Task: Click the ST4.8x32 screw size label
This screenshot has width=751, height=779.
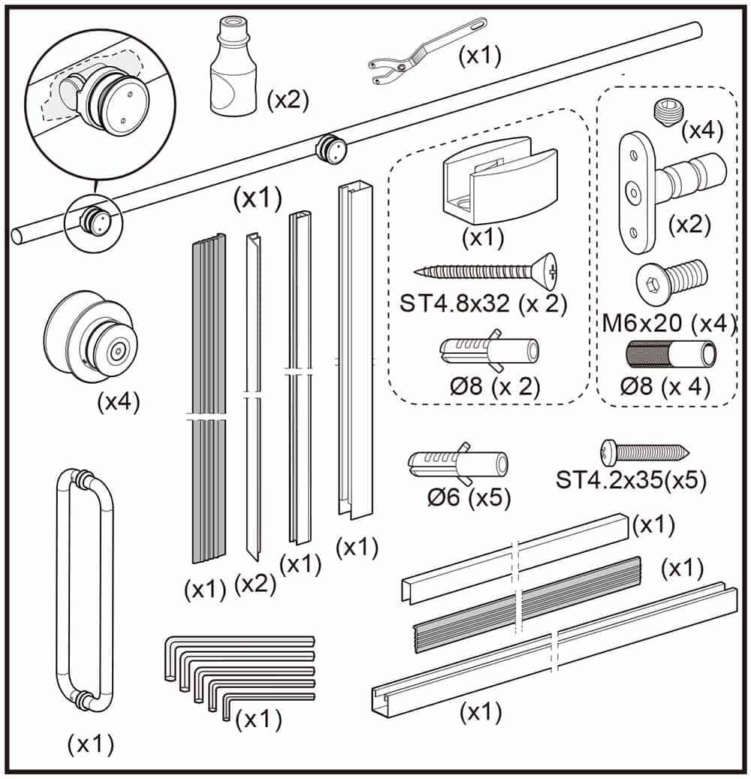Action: click(483, 305)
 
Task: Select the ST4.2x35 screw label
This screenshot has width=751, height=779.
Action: click(631, 480)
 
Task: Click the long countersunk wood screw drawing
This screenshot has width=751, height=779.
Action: click(484, 270)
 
